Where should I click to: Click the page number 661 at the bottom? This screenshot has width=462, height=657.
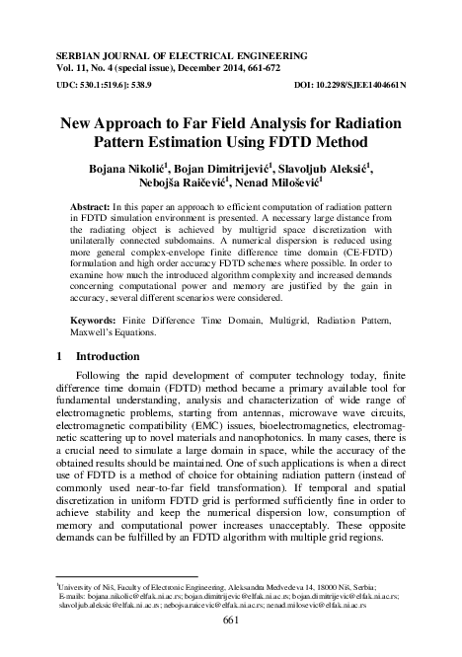232,620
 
